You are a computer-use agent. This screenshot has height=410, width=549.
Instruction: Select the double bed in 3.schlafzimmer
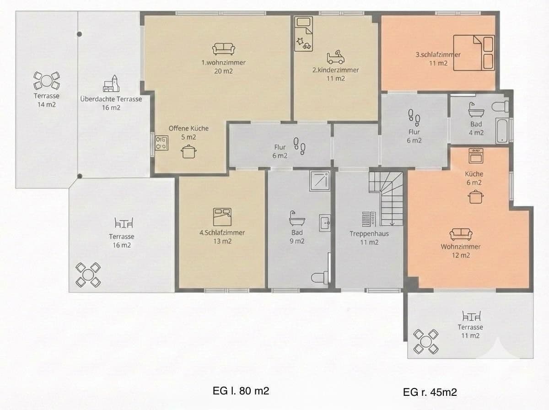[x=474, y=52]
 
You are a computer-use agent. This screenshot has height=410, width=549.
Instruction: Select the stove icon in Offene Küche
[x=161, y=143]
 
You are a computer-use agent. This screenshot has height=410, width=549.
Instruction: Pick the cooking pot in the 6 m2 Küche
[x=475, y=197]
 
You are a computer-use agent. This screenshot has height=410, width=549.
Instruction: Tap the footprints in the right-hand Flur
[x=414, y=117]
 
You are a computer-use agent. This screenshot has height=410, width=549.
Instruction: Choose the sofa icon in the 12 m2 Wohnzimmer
[x=461, y=234]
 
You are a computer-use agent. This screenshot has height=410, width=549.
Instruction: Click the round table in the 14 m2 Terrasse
[x=47, y=81]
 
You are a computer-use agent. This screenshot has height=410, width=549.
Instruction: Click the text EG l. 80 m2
[x=240, y=391]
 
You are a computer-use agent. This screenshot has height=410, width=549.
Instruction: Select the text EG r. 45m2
[x=430, y=392]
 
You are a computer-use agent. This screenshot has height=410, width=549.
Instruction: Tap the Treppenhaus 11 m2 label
[x=369, y=238]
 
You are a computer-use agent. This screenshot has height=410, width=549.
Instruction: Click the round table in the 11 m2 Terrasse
[x=426, y=341]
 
